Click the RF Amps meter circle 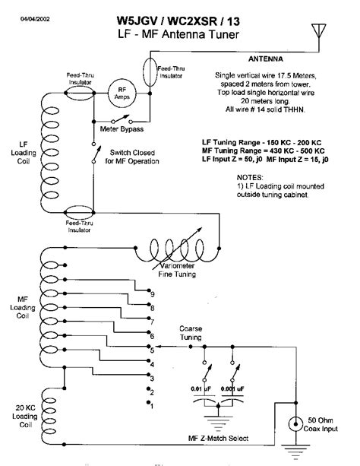pos(122,93)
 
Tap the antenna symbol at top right pos(319,30)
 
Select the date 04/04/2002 pos(35,19)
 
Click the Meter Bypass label pos(122,129)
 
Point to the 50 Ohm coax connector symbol pos(296,424)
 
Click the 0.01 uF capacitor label pos(201,388)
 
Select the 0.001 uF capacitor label pos(232,388)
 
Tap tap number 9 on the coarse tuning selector pos(153,294)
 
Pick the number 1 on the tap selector pos(152,406)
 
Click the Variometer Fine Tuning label pos(177,270)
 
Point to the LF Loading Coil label pos(24,153)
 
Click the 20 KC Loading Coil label pos(25,416)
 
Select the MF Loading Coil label pos(23,307)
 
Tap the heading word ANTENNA pos(266,59)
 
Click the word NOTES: pos(250,178)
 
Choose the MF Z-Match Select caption pos(218,439)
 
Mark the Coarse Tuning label pos(191,333)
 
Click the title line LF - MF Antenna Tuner pos(178,34)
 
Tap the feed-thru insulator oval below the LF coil pos(79,213)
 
